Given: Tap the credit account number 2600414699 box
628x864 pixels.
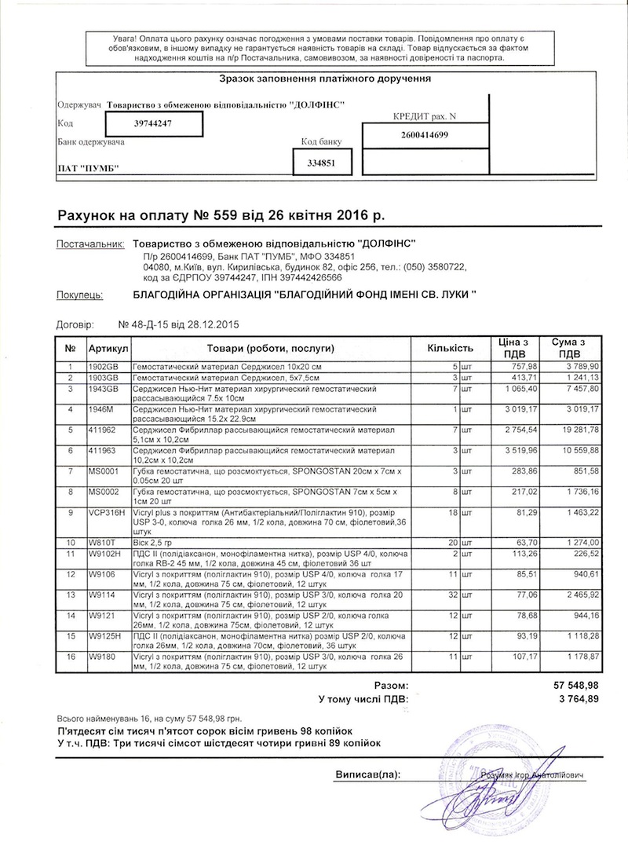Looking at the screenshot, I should tap(424, 134).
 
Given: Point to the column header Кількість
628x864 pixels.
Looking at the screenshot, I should tap(450, 347).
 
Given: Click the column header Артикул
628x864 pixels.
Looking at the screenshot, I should tap(108, 347).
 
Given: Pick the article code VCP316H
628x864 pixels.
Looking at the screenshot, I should tap(108, 512).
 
